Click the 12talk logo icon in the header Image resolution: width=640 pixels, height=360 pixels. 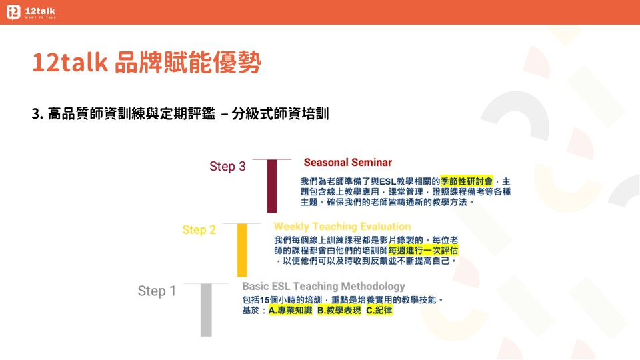(x=13, y=12)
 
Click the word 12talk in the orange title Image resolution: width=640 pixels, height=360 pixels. (x=70, y=63)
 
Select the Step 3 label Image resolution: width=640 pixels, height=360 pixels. (x=227, y=167)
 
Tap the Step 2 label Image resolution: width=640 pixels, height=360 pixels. (x=199, y=230)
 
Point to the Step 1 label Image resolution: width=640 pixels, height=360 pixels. (x=157, y=291)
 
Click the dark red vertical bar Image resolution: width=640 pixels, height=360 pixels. (x=272, y=186)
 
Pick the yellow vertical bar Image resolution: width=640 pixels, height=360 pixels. (x=242, y=250)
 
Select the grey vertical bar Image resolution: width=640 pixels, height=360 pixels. (x=206, y=310)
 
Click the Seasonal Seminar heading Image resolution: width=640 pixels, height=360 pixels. (x=348, y=163)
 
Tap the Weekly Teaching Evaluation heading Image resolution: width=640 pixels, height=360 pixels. (x=342, y=227)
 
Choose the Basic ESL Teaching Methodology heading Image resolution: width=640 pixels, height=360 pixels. (x=323, y=286)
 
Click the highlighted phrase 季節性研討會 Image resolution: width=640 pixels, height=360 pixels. (x=467, y=181)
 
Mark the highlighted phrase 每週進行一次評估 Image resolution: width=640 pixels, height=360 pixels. (x=423, y=250)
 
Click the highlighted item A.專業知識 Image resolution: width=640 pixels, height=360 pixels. (x=290, y=310)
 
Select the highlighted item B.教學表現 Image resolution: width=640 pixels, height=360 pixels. (x=339, y=310)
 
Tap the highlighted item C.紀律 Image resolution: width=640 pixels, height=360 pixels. (x=379, y=310)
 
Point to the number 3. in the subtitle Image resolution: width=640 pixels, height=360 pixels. (x=37, y=114)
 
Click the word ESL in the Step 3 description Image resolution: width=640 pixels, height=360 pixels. (x=388, y=181)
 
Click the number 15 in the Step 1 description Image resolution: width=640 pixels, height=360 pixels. (x=265, y=300)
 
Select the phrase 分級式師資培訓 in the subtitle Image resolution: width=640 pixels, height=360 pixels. (x=281, y=113)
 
